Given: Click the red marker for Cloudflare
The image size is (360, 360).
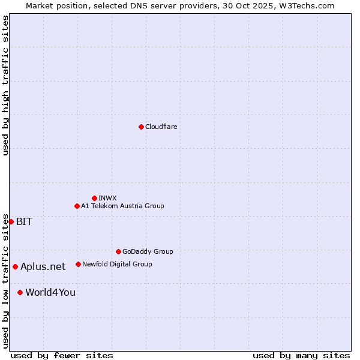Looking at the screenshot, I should pyautogui.click(x=141, y=127).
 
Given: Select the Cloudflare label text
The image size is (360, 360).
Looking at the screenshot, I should pyautogui.click(x=161, y=127).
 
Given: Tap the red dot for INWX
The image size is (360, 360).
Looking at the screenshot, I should pyautogui.click(x=94, y=198).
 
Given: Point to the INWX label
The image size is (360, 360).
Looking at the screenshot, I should pyautogui.click(x=107, y=198).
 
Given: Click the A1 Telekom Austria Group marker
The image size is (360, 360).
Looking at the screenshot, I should pyautogui.click(x=77, y=206).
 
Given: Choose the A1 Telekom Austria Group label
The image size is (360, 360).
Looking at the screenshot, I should pyautogui.click(x=122, y=206).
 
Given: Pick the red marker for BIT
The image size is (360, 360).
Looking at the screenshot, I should pyautogui.click(x=11, y=221).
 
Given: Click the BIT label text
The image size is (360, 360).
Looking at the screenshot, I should pyautogui.click(x=24, y=221).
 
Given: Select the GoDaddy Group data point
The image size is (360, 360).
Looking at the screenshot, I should pyautogui.click(x=118, y=251).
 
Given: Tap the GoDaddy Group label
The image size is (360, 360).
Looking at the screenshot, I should pyautogui.click(x=148, y=251).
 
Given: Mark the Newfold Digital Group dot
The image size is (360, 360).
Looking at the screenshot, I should pyautogui.click(x=78, y=264).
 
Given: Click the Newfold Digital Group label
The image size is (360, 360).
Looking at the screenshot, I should pyautogui.click(x=117, y=264).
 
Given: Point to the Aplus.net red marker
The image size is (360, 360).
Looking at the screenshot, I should pyautogui.click(x=15, y=266).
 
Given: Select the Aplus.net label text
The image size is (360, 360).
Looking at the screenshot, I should pyautogui.click(x=43, y=266).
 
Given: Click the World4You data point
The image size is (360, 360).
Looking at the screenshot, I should pyautogui.click(x=20, y=292).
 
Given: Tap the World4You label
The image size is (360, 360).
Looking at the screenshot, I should pyautogui.click(x=50, y=292).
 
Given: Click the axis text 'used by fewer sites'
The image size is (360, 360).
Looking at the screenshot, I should pyautogui.click(x=62, y=355).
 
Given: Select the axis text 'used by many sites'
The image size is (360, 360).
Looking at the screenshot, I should pyautogui.click(x=301, y=355).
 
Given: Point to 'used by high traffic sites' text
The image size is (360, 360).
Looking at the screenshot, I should pyautogui.click(x=5, y=85).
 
